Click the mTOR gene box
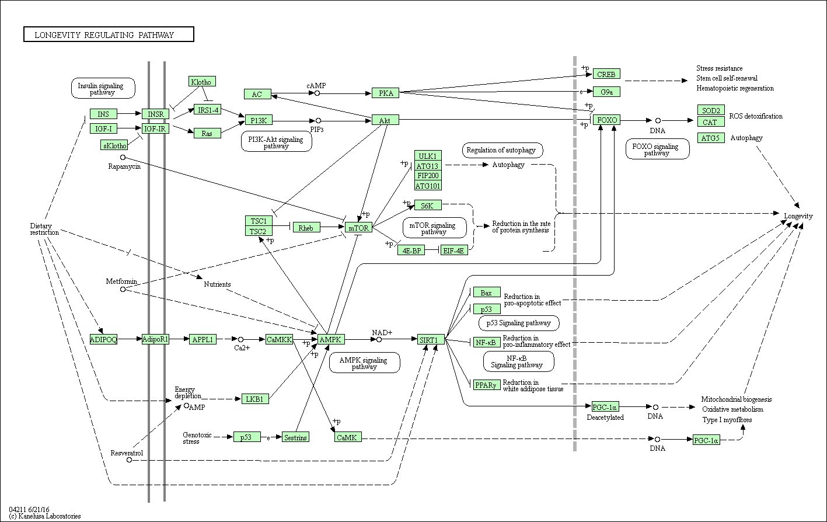click(x=358, y=228)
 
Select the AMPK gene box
click(x=331, y=339)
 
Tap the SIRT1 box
click(x=431, y=339)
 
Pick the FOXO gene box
click(x=606, y=120)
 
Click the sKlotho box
click(x=114, y=145)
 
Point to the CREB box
click(x=606, y=74)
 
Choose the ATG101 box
click(x=428, y=186)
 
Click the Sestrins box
click(x=295, y=437)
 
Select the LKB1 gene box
click(x=254, y=399)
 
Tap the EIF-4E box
click(x=455, y=250)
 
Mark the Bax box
click(x=486, y=292)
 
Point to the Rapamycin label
click(x=124, y=166)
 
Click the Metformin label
click(x=121, y=281)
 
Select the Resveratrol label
click(x=127, y=453)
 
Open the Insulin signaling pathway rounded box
click(x=103, y=89)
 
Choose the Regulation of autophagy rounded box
click(x=501, y=150)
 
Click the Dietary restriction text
click(x=44, y=229)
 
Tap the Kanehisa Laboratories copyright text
click(x=45, y=516)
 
